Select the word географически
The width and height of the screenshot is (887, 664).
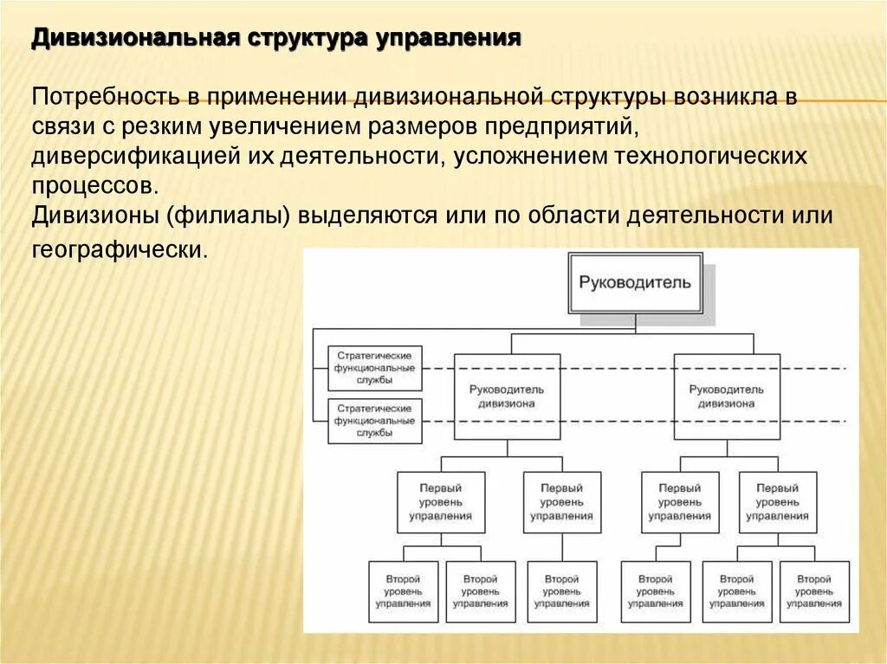pos(120,250)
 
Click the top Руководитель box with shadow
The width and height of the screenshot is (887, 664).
pos(635,282)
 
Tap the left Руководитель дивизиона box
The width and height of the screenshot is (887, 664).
pos(507,396)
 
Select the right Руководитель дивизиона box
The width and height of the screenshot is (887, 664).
pos(727,396)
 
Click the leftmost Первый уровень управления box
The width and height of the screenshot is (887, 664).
pos(440,502)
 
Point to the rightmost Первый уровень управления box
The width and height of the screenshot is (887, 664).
pos(777,502)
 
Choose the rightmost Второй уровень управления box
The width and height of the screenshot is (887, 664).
pos(814,591)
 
